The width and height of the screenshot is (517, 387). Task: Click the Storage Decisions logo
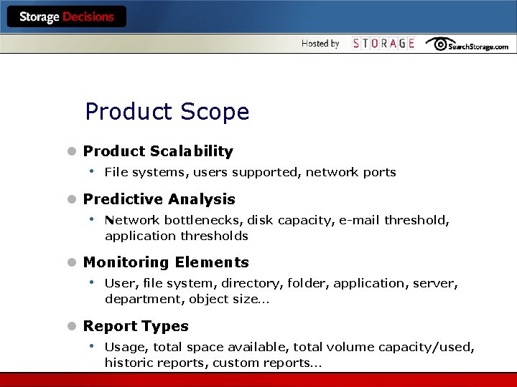66,17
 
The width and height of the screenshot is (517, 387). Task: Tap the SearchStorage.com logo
467,44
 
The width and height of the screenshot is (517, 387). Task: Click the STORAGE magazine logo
383,44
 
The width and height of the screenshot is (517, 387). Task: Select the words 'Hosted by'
320,44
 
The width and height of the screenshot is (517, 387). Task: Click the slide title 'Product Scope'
167,112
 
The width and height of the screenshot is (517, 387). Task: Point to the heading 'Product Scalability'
158,151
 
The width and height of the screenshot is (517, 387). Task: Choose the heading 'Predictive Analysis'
159,199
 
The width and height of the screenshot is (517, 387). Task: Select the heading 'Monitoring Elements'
166,262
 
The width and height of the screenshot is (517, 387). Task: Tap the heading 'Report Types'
136,326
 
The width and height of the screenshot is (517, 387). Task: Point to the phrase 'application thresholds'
176,236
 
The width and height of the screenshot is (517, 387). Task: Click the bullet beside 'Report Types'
71,327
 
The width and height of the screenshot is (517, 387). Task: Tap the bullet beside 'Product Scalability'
71,152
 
